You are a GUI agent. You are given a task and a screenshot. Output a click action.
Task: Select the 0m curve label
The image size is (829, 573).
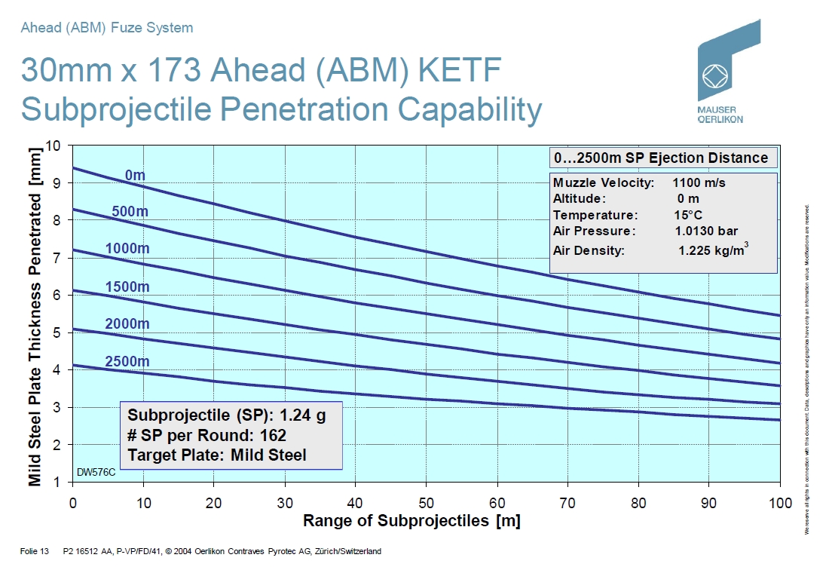coord(136,176)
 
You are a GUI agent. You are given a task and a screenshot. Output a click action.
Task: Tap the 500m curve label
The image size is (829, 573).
coord(130,212)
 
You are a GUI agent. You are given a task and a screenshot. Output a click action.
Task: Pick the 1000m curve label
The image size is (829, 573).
coord(127,249)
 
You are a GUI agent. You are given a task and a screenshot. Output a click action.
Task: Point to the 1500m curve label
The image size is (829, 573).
coord(127,286)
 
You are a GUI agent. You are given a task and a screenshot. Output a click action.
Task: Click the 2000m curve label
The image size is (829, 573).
coord(127,323)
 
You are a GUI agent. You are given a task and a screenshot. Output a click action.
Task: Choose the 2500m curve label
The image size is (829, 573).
coord(127,361)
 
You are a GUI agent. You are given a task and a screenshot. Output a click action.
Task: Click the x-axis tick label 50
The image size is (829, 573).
coord(427,503)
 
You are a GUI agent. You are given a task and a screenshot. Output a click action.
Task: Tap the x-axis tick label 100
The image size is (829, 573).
coord(780,503)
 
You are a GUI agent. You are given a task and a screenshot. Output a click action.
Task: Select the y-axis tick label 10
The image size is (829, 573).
coord(54,146)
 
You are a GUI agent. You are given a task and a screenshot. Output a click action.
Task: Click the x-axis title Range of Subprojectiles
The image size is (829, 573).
coord(411,521)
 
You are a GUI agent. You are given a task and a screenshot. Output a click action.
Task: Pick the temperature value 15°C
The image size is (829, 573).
coord(689,215)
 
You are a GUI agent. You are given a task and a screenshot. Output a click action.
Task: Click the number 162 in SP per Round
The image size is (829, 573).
coord(273,435)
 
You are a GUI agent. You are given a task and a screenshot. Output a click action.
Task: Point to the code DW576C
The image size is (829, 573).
coord(96,473)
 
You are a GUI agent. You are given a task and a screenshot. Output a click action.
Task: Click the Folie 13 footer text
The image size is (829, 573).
coord(34,552)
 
